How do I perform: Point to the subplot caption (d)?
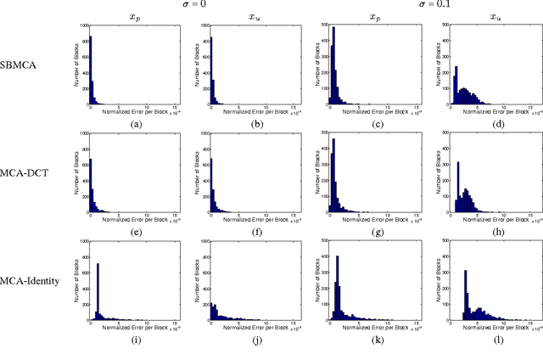pyautogui.click(x=488, y=124)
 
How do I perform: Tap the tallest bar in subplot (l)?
pyautogui.click(x=466, y=296)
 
